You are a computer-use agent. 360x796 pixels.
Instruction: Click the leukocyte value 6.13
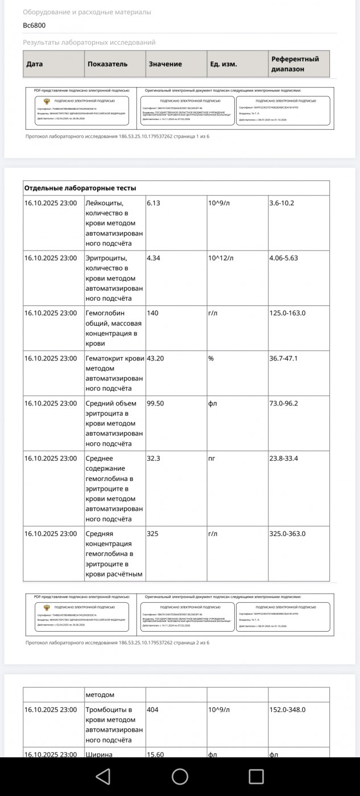pyautogui.click(x=154, y=203)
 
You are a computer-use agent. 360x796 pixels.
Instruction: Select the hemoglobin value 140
pyautogui.click(x=153, y=313)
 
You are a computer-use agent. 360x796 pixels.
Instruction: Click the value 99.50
pyautogui.click(x=156, y=403)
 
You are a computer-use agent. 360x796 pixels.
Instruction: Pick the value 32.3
pyautogui.click(x=154, y=458)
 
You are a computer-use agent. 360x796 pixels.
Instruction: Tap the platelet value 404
pyautogui.click(x=153, y=710)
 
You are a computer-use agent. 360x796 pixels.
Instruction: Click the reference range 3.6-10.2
pyautogui.click(x=282, y=203)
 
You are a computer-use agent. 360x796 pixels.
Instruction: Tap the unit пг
pyautogui.click(x=212, y=458)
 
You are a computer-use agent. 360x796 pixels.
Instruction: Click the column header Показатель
pyautogui.click(x=107, y=64)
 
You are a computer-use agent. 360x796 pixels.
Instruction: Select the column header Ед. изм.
pyautogui.click(x=223, y=64)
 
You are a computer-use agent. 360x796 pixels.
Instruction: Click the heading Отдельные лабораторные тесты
pyautogui.click(x=80, y=188)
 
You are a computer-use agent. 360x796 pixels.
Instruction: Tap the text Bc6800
pyautogui.click(x=34, y=26)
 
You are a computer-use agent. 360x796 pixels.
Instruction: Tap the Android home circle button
pyautogui.click(x=180, y=776)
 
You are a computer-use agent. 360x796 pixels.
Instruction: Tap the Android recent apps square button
pyautogui.click(x=256, y=776)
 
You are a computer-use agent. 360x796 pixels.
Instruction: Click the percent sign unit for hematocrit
pyautogui.click(x=210, y=358)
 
